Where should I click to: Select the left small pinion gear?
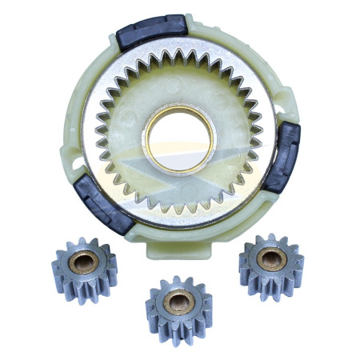click(x=84, y=265)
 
